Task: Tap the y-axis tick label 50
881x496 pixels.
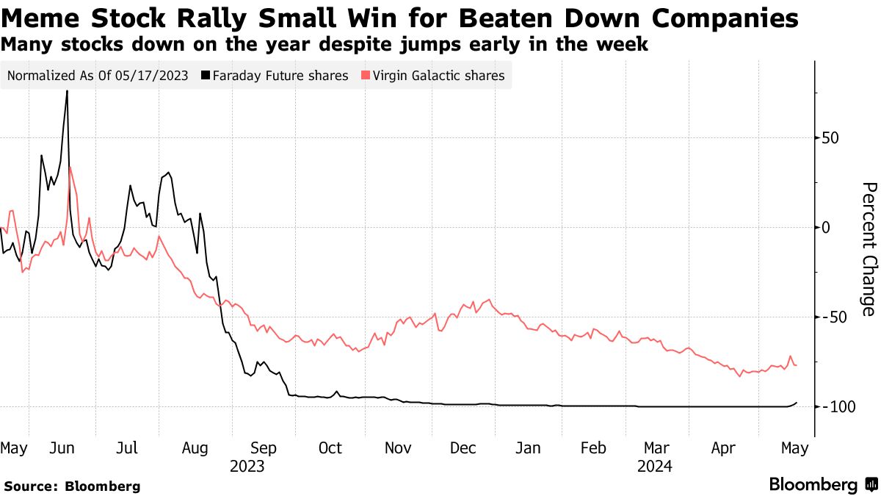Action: pyautogui.click(x=831, y=138)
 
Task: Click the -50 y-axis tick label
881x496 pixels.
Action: pyautogui.click(x=835, y=317)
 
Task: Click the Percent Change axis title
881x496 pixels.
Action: pyautogui.click(x=868, y=249)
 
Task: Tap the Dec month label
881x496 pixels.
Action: pyautogui.click(x=464, y=448)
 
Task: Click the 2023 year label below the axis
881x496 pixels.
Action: pyautogui.click(x=247, y=466)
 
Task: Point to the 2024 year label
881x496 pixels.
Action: pyautogui.click(x=654, y=466)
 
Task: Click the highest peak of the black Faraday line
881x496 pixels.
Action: pyautogui.click(x=68, y=91)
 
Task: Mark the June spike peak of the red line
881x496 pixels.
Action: pyautogui.click(x=70, y=168)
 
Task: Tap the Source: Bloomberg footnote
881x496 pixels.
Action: pyautogui.click(x=72, y=486)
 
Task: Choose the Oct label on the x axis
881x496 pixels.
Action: pyautogui.click(x=330, y=448)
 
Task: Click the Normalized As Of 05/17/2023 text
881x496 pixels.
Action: pyautogui.click(x=98, y=76)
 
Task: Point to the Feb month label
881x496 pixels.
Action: pyautogui.click(x=592, y=448)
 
